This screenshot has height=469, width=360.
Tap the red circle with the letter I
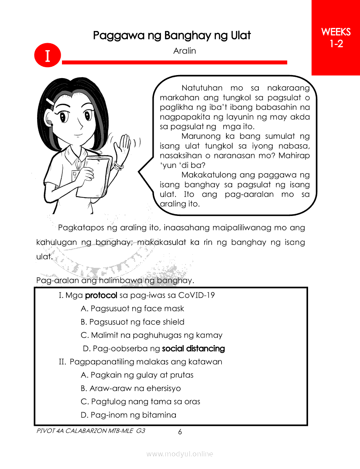tap(47, 56)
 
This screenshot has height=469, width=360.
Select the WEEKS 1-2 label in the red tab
tap(336, 38)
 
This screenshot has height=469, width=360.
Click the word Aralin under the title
tap(185, 51)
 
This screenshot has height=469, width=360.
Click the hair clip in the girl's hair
tap(51, 101)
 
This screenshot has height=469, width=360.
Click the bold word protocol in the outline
tap(101, 295)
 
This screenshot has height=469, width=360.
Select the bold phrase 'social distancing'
tap(193, 349)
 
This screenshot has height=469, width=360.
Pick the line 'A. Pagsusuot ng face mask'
tap(133, 309)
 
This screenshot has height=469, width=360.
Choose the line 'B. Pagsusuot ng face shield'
tap(133, 322)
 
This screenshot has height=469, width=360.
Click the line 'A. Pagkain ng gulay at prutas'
tap(137, 375)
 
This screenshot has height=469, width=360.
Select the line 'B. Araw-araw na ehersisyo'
tap(131, 388)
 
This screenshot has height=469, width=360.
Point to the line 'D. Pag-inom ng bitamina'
tap(129, 415)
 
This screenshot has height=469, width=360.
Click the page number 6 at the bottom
tap(180, 432)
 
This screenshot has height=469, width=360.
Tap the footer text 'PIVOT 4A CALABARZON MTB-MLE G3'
tap(91, 430)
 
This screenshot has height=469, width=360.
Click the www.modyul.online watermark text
tap(180, 454)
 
